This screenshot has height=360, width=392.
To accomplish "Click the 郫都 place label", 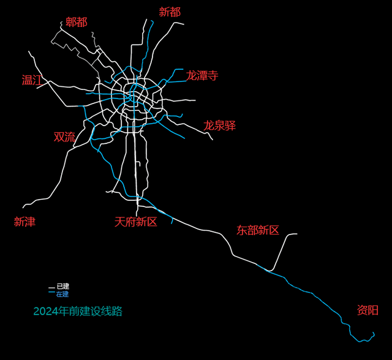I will click(77, 22).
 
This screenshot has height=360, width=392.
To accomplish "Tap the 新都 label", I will click(170, 12).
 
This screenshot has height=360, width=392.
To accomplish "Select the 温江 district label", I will click(32, 80).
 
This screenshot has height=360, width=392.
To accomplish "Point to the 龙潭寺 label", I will click(202, 76).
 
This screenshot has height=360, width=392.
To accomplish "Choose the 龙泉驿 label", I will click(219, 126).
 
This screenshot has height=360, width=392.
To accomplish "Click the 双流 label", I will click(64, 137).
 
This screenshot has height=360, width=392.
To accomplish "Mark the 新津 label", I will click(25, 222).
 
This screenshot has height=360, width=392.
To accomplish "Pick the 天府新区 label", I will click(135, 222).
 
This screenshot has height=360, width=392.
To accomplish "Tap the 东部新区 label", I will click(258, 230).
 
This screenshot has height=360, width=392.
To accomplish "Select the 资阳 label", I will click(367, 310).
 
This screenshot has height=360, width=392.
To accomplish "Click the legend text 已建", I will click(63, 286).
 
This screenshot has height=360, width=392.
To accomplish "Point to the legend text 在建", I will click(63, 294).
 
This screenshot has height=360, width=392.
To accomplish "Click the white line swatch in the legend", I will click(51, 287).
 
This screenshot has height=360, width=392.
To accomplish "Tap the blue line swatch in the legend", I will click(51, 294).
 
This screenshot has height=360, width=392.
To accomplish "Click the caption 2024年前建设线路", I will click(78, 312).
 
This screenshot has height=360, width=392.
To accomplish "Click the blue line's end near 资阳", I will click(374, 332).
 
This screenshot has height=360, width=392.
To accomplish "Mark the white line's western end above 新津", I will click(23, 208).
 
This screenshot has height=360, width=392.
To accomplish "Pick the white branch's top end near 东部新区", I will click(297, 234).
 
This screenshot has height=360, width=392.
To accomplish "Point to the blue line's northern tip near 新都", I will click(153, 21).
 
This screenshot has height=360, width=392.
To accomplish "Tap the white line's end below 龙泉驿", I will click(213, 140).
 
